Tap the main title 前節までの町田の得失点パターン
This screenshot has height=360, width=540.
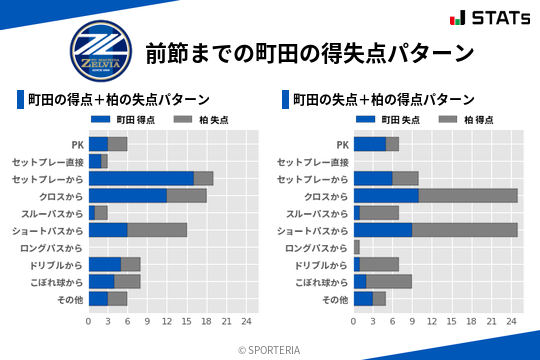point(309,52)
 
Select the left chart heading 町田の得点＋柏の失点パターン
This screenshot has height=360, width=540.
point(118,99)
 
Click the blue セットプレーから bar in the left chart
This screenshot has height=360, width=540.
point(141,178)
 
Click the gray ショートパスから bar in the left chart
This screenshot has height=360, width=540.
point(157,230)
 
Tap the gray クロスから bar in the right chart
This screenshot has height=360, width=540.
point(468,196)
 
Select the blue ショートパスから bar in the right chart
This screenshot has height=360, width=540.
point(383,230)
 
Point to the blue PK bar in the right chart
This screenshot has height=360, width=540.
point(369,143)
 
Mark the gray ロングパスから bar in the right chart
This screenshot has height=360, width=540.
point(356,247)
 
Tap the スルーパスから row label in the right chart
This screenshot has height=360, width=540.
point(316,213)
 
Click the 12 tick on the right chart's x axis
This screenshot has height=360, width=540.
point(432,321)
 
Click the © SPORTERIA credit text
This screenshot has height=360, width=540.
point(269,349)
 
